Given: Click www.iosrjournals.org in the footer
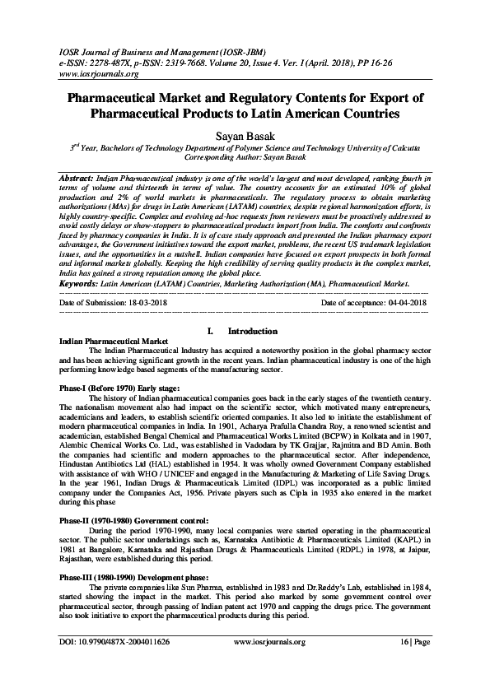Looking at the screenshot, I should [269, 664].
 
